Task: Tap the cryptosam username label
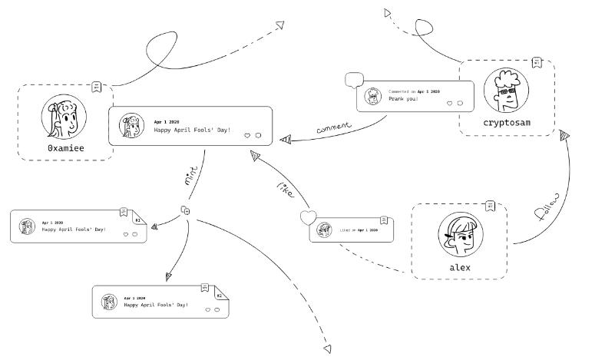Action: pos(507,122)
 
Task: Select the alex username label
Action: pos(460,268)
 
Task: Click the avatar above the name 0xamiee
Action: pos(64,117)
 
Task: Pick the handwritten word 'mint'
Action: pos(191,177)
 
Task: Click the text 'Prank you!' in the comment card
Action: pos(404,98)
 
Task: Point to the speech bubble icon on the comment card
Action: pos(353,79)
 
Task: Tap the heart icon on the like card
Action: pos(308,217)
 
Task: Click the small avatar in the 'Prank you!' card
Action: pos(373,96)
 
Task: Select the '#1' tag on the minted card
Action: pos(137,220)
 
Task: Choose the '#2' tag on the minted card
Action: pos(219,296)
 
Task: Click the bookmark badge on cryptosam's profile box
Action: pos(537,62)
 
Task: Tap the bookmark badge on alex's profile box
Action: pos(490,206)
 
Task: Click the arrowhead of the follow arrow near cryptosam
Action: pos(565,137)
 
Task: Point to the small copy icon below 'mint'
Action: pos(185,210)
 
